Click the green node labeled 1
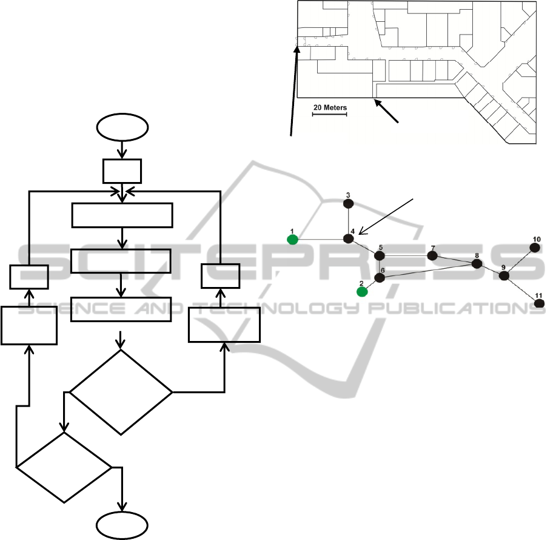click(x=293, y=240)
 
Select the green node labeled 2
click(x=362, y=291)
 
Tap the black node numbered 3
click(x=349, y=204)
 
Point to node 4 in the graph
click(x=349, y=239)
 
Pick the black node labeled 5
click(x=380, y=255)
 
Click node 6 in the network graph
click(x=380, y=278)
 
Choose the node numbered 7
click(x=432, y=255)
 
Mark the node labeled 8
click(x=477, y=264)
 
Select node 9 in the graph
click(x=503, y=275)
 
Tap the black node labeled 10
click(x=535, y=248)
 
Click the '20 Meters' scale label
click(x=330, y=108)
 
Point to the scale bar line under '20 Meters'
click(x=329, y=114)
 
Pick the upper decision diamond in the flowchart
click(x=121, y=392)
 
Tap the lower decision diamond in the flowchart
click(x=64, y=467)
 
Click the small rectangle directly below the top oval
click(x=122, y=171)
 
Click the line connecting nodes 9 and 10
click(x=520, y=262)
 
